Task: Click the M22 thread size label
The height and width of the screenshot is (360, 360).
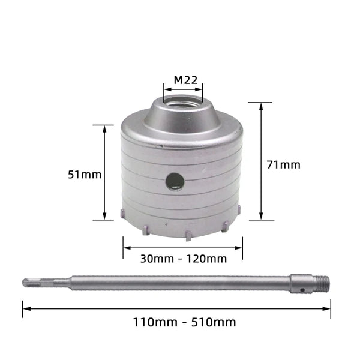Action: (x=185, y=80)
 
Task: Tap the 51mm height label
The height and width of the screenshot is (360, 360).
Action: (x=85, y=175)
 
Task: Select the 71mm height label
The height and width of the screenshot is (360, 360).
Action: (x=283, y=164)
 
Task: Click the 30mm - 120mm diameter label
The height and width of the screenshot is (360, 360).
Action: (x=184, y=259)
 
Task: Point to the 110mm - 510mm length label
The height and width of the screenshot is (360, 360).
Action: (x=184, y=322)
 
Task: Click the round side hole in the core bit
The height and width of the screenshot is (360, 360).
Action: (x=175, y=181)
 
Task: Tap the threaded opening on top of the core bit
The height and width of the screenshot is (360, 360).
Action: (x=183, y=103)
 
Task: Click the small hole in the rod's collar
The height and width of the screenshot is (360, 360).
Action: (x=303, y=290)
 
